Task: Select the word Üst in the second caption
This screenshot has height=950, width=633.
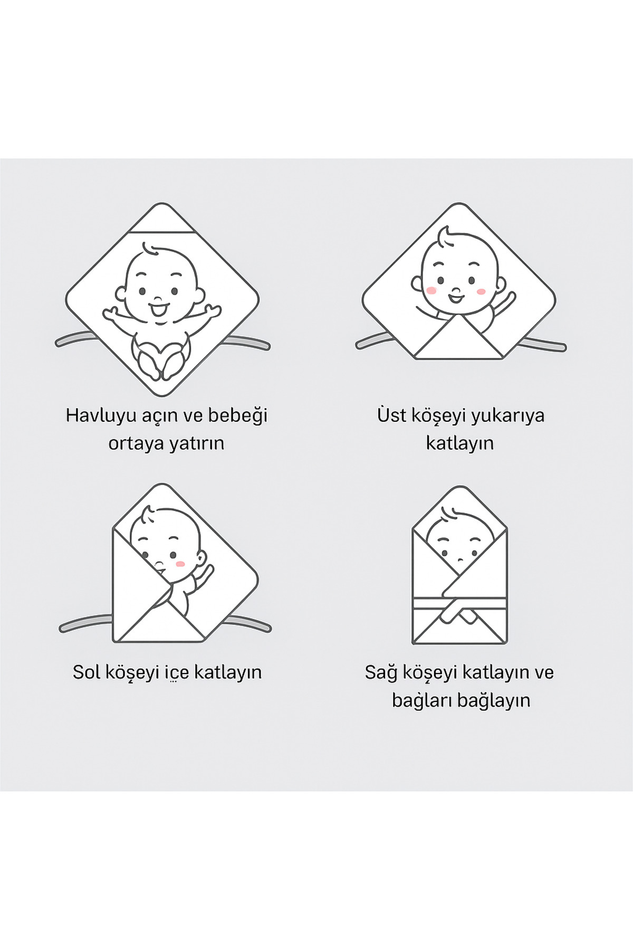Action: coord(389,415)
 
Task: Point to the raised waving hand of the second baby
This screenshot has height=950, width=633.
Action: coord(509,300)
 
